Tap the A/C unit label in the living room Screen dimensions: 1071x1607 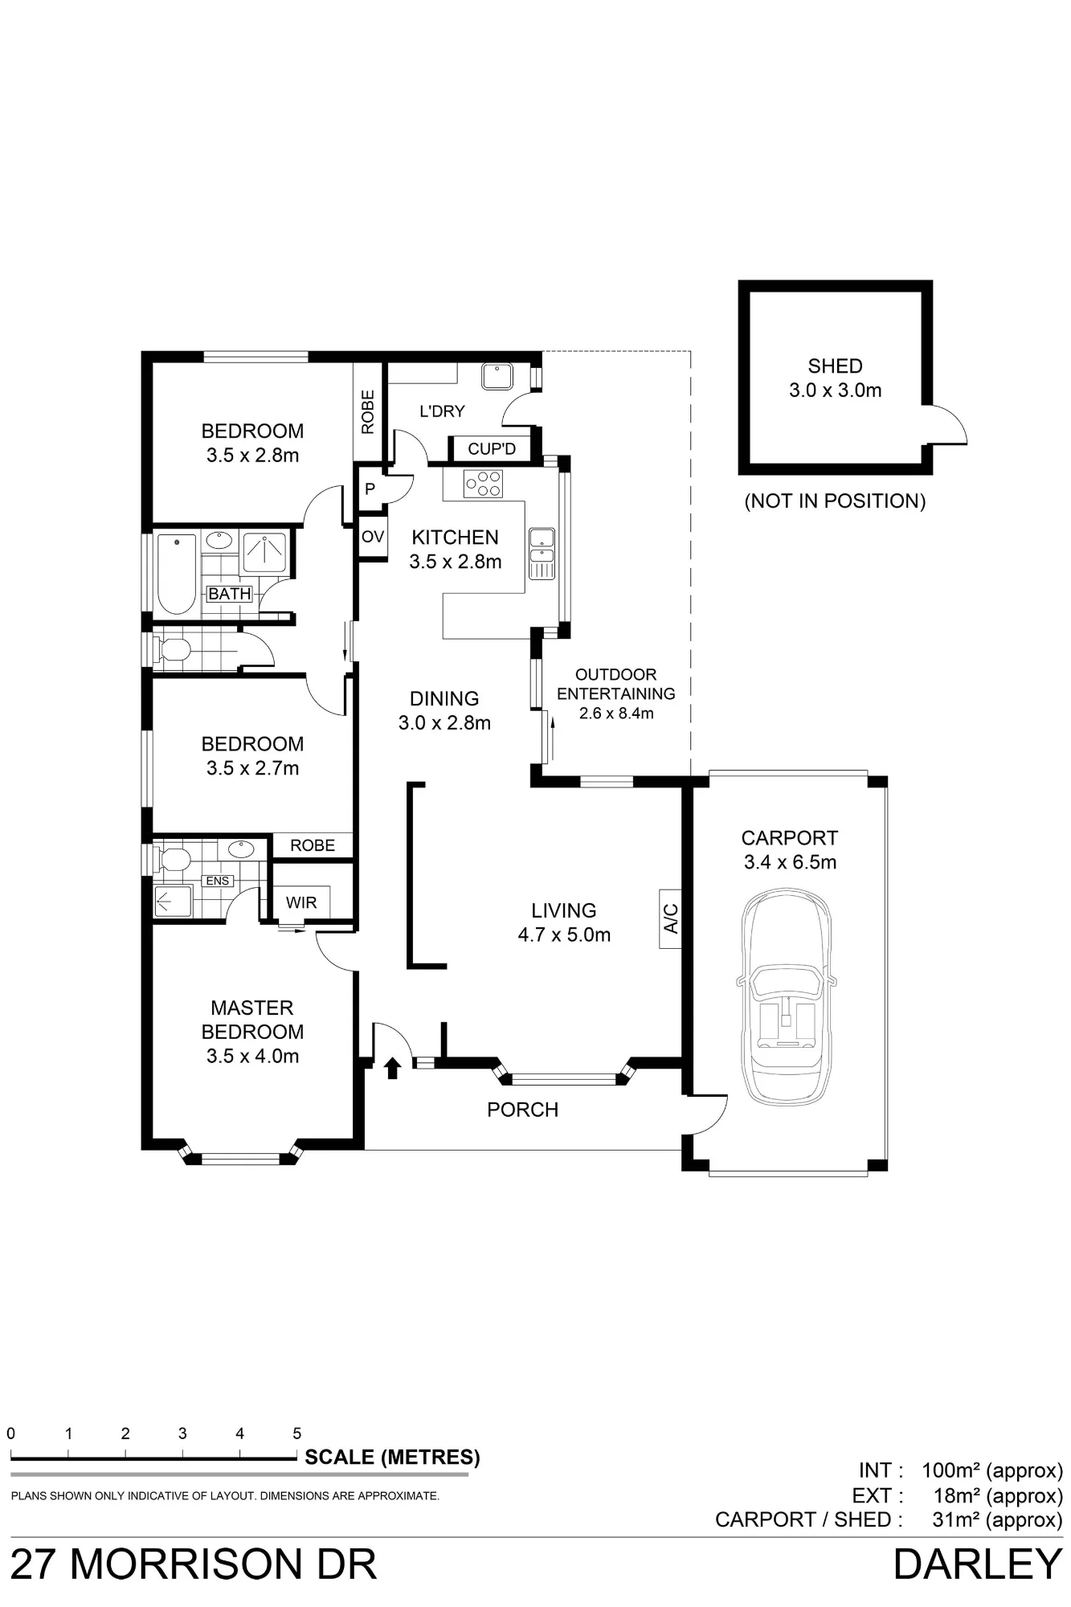(x=671, y=918)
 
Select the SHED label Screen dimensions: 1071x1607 (x=835, y=366)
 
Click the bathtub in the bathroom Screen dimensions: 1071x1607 (x=176, y=573)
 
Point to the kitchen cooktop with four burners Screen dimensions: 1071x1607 (x=483, y=485)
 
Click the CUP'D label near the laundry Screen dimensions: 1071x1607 (x=492, y=449)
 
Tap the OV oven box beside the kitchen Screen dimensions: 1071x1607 (x=373, y=537)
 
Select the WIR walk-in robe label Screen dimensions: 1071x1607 (x=301, y=902)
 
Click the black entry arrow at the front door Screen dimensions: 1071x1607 (x=392, y=1068)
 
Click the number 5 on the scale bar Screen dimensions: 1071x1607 (x=297, y=1433)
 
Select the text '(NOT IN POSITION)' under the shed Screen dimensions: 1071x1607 (x=835, y=501)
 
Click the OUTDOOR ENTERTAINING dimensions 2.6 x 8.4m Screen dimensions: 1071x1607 (x=616, y=714)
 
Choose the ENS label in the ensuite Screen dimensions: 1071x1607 (x=218, y=881)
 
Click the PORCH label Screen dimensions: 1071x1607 (x=522, y=1110)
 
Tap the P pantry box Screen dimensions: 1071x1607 (x=370, y=489)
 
